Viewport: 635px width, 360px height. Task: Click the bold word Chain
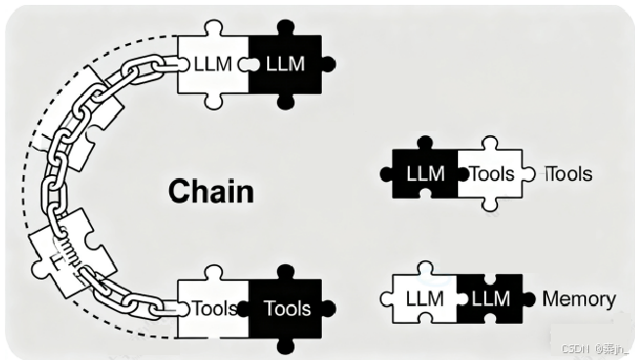(x=210, y=190)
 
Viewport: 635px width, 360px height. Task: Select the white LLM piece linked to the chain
(x=211, y=65)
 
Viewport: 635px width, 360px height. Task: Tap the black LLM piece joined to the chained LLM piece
(x=286, y=65)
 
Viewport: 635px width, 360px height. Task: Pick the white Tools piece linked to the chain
(x=212, y=308)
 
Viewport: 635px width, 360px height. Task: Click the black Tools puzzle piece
(x=286, y=308)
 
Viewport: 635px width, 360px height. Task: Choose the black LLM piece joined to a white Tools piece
(x=423, y=174)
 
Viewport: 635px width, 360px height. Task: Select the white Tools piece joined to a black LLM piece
(x=489, y=174)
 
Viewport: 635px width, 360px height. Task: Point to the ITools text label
(x=567, y=174)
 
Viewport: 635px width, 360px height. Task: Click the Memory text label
(x=578, y=299)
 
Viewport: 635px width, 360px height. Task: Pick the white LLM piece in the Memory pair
(x=424, y=299)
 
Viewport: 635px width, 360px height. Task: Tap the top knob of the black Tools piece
(x=286, y=271)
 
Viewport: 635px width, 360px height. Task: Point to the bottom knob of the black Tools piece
(x=286, y=344)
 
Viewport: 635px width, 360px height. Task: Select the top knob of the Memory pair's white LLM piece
(x=424, y=267)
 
